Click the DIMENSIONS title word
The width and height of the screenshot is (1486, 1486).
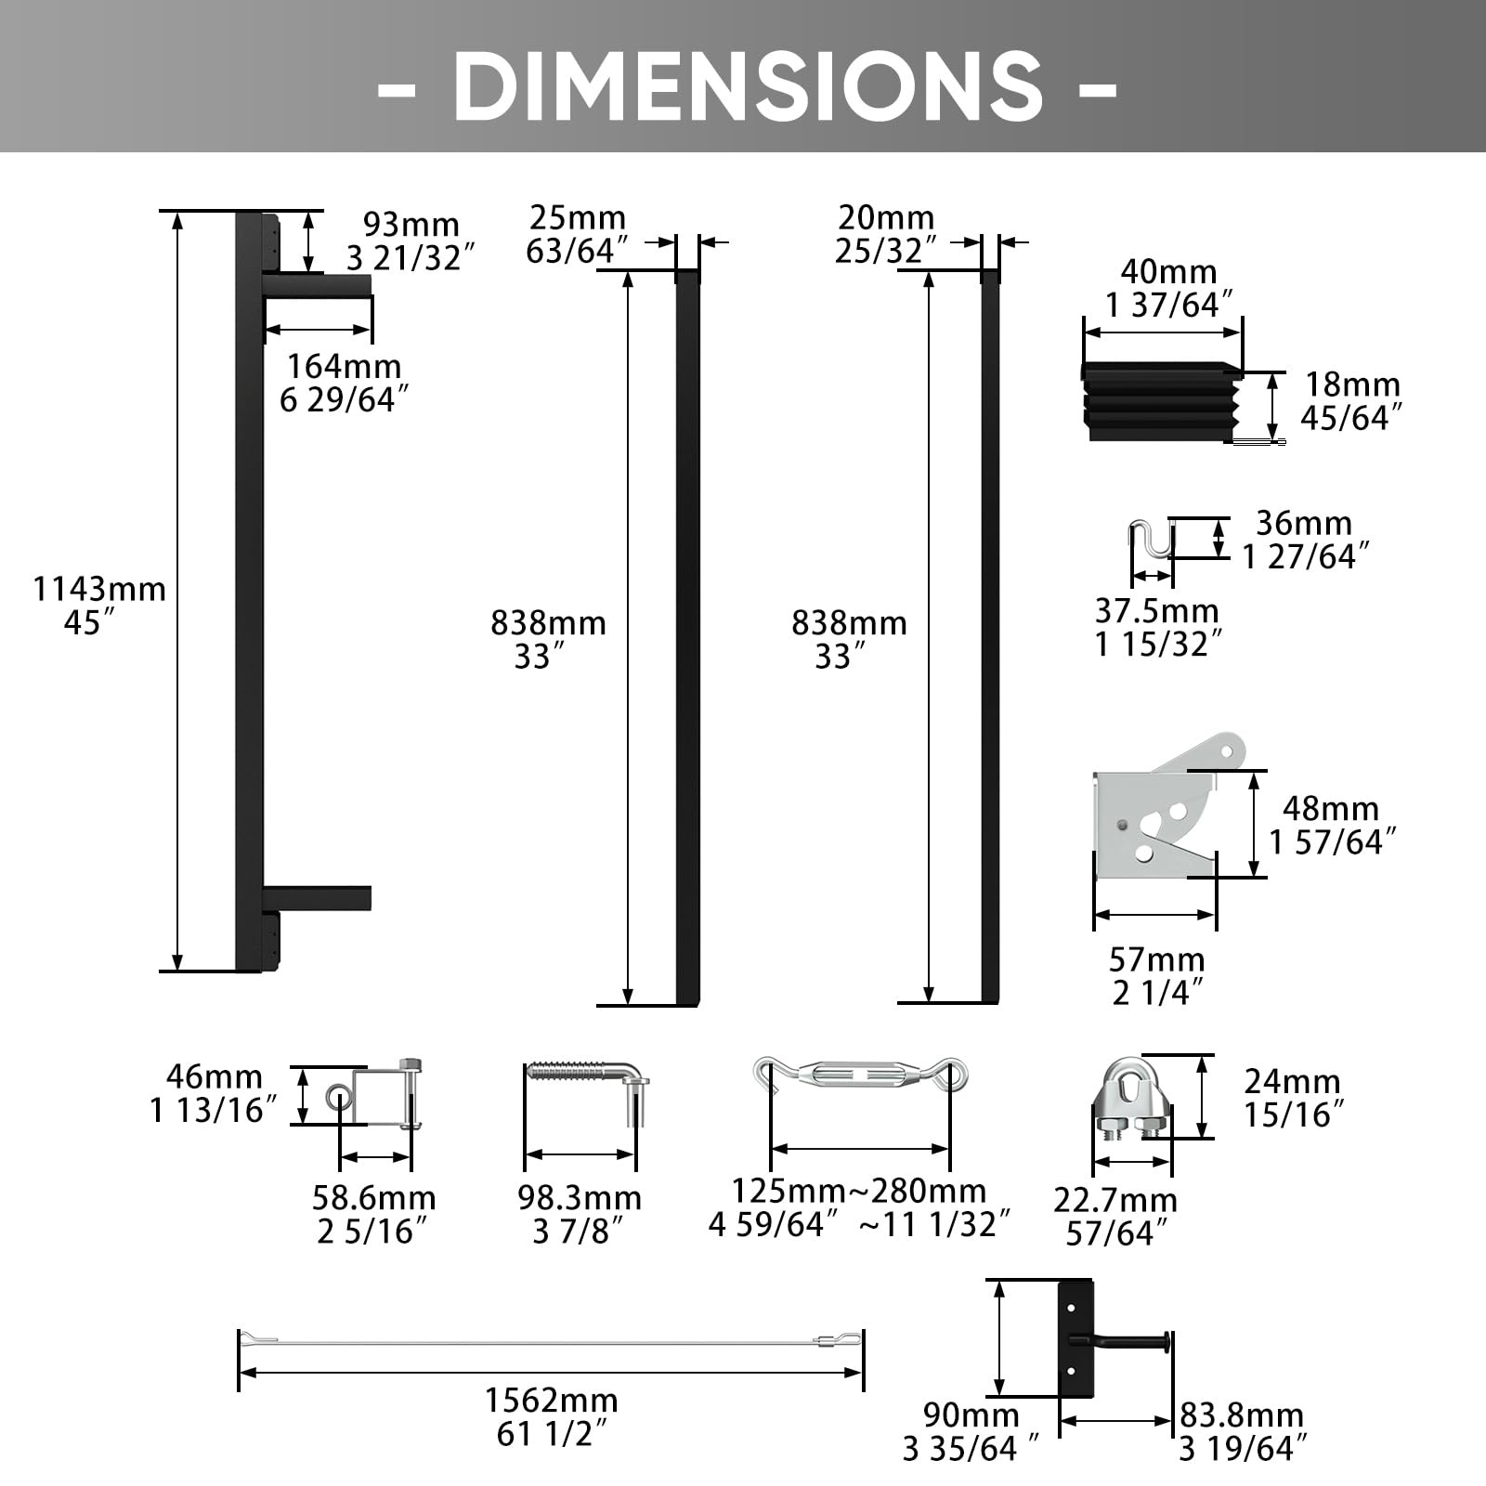748,85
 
